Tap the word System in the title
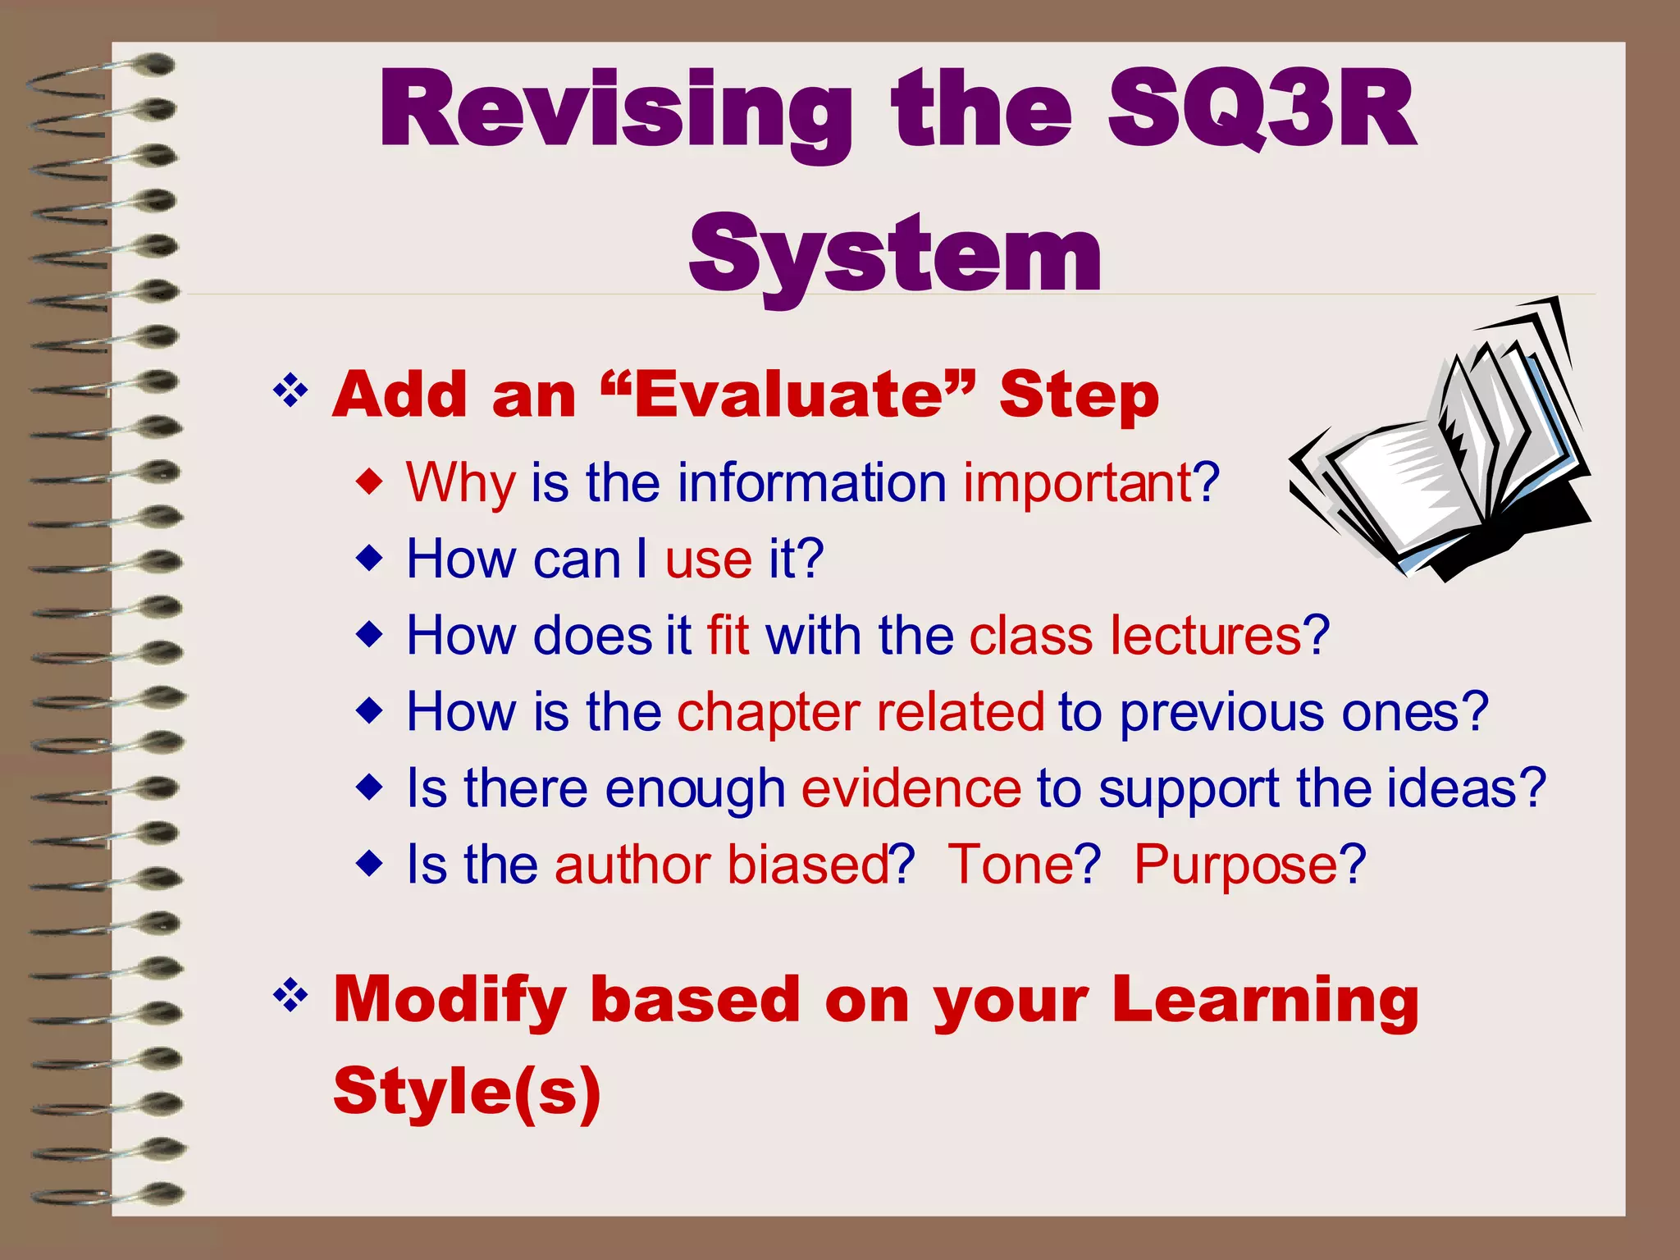[x=896, y=254]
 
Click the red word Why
[x=460, y=483]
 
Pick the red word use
[x=708, y=559]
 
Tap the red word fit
[x=728, y=636]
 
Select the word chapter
[x=768, y=712]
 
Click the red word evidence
[x=911, y=788]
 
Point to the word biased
[x=808, y=865]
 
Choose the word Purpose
[x=1236, y=865]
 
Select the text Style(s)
[x=467, y=1091]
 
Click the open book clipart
[x=1440, y=459]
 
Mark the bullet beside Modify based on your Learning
[x=290, y=997]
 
